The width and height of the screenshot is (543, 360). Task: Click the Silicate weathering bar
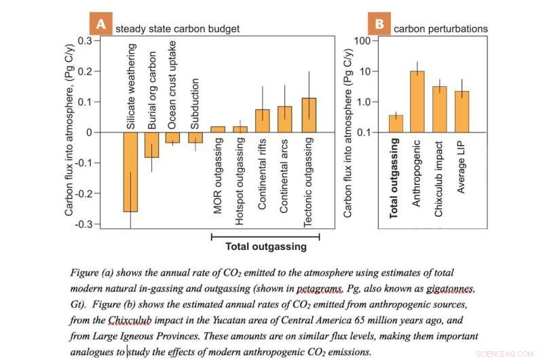(x=130, y=172)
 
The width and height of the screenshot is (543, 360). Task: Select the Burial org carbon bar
(x=151, y=145)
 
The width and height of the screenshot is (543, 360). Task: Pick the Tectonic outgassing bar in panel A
(x=309, y=115)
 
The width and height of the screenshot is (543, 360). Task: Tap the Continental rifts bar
(x=262, y=120)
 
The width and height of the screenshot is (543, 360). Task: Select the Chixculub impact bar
(x=439, y=109)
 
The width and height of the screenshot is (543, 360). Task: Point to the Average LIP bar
(x=462, y=111)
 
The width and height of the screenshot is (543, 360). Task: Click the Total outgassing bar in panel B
(x=396, y=124)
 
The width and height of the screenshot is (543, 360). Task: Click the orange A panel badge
(x=100, y=25)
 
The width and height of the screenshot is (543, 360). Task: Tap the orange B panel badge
(x=379, y=25)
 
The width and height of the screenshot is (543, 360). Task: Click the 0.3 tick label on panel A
(x=86, y=40)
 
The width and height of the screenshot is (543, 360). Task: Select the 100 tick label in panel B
(x=365, y=41)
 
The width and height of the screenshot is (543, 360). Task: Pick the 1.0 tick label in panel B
(x=365, y=102)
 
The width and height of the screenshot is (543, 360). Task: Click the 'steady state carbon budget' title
(x=177, y=29)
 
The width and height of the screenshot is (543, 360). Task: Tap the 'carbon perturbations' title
(x=441, y=29)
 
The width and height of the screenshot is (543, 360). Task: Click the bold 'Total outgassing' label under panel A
(x=265, y=247)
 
